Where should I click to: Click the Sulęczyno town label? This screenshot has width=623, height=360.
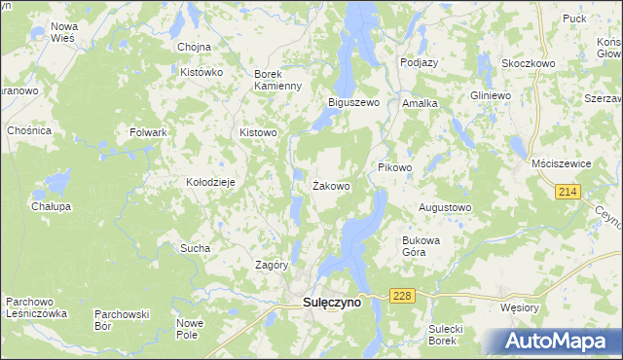point(326,303)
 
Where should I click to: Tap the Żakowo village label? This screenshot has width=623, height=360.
point(331,185)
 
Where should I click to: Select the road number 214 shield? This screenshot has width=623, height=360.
point(569,193)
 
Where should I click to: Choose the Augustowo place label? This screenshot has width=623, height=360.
point(445,208)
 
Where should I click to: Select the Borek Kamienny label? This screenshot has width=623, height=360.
point(278,80)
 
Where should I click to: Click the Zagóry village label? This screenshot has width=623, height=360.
point(271,265)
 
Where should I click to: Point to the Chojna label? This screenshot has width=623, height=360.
point(195,47)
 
